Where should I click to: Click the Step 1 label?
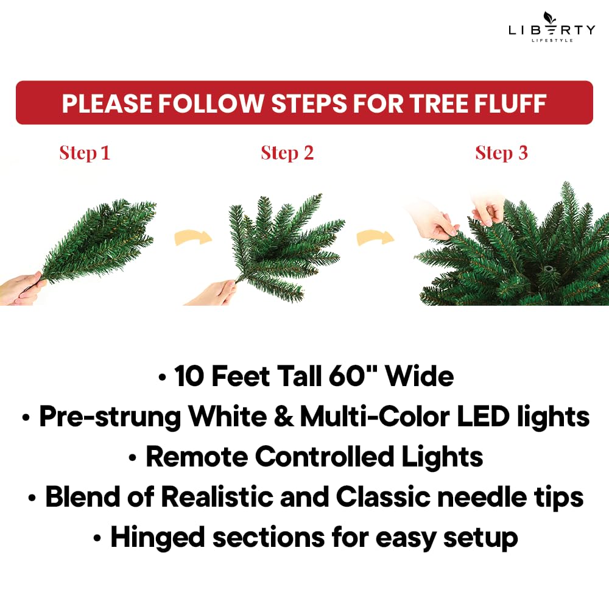[85, 153]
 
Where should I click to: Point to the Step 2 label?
[287, 153]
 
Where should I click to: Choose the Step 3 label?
[501, 153]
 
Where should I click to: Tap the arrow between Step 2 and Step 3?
[375, 236]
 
